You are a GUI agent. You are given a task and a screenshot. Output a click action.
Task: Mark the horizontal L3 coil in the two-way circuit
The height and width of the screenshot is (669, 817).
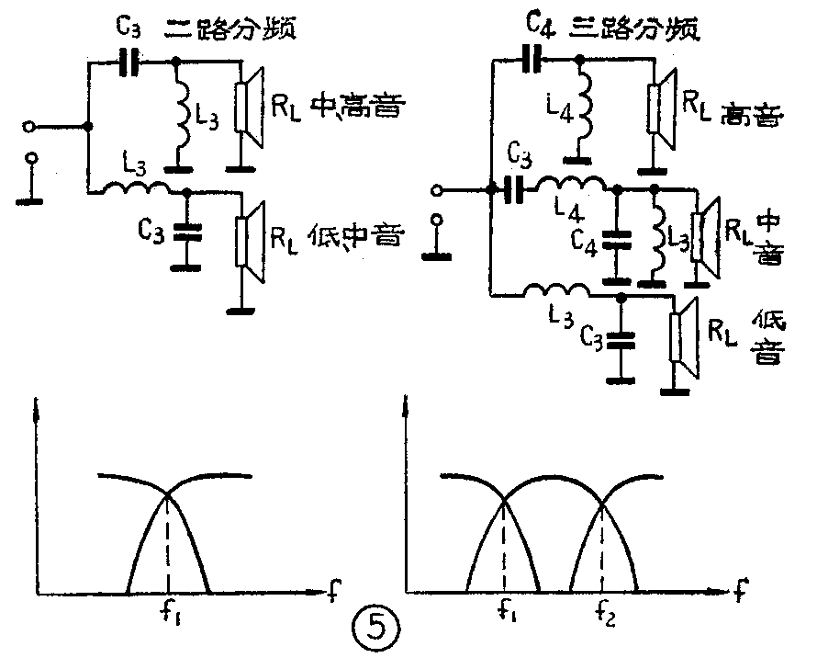138,191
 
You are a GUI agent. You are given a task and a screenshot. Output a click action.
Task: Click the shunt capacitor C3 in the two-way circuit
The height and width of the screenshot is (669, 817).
187,233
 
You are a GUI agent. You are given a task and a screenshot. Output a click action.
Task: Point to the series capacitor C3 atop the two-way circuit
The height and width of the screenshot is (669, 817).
131,63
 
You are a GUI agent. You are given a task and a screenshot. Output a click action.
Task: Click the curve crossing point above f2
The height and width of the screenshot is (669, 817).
601,502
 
